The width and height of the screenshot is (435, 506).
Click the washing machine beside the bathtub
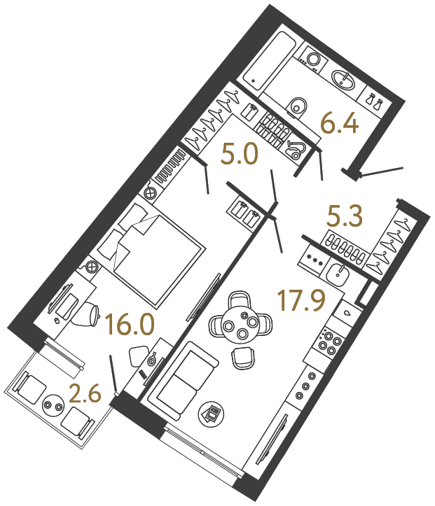[x=313, y=59]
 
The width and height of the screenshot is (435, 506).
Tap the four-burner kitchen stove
[x=330, y=343]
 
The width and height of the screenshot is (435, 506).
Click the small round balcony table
[x=53, y=405]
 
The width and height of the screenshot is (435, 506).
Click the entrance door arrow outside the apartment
[x=382, y=170]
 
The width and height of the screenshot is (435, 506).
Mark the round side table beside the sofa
[x=212, y=413]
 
